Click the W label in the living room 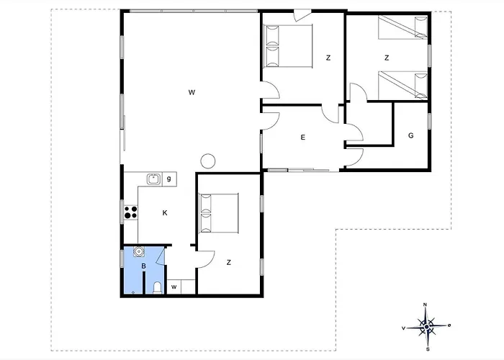192,93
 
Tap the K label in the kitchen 165,213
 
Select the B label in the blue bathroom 144,266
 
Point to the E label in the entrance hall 303,138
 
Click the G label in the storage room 411,135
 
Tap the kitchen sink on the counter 154,179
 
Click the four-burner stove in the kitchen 131,212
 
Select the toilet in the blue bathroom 158,287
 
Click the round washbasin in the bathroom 139,251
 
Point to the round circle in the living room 207,161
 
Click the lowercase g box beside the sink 169,179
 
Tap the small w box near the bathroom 174,287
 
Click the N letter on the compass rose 426,305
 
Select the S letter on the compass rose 428,349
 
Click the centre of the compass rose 426,327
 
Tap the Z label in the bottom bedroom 228,262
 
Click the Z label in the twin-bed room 387,58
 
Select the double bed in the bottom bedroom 219,213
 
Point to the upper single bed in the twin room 402,27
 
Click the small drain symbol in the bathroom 133,292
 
